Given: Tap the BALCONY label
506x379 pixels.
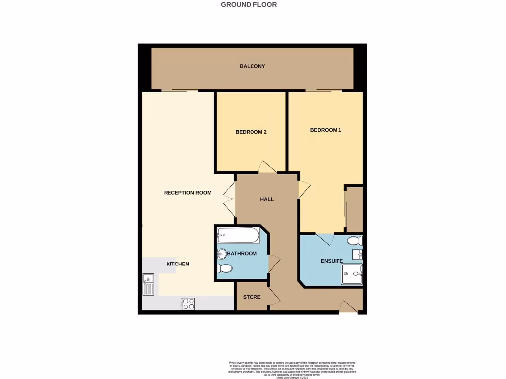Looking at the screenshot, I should pos(252,66).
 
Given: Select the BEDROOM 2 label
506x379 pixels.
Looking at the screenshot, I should pos(251,132).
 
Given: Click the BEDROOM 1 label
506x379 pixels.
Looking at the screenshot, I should pos(326,130).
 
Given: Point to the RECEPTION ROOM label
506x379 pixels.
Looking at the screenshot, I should pos(187,193).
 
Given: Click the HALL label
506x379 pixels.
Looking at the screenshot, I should pos(267,199).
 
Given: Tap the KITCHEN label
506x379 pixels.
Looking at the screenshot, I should pos(177,264).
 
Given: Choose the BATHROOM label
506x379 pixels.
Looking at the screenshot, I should pos(242,254).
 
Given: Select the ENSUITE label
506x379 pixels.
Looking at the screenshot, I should pos(331,261).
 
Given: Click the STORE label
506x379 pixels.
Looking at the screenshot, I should pos(252,297).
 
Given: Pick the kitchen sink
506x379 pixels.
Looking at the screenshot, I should pos(148,285).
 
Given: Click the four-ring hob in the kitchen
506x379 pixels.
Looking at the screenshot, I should pos(188,303).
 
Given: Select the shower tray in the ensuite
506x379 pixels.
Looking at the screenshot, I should pos(352,274).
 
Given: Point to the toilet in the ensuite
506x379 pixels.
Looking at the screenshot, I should pos(355,241).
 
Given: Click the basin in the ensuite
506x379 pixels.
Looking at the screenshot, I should pos(358,255).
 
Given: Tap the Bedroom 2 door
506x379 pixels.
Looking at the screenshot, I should pos(267,167).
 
